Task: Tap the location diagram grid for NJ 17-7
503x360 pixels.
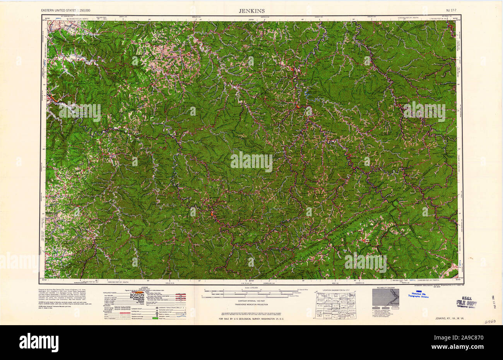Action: pyautogui.click(x=335, y=306)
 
